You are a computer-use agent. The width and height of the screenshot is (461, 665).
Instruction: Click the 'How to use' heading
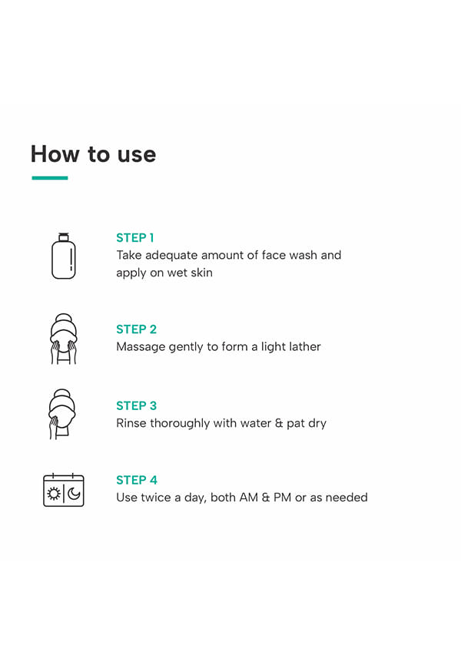click(94, 154)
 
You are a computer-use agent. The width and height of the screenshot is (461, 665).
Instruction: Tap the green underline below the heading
click(50, 177)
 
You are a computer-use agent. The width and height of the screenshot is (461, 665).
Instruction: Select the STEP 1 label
click(135, 238)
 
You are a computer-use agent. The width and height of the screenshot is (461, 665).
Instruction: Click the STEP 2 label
click(136, 329)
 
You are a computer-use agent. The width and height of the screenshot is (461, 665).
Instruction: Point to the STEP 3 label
click(136, 406)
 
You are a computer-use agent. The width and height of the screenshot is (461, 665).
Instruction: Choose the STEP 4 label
click(137, 480)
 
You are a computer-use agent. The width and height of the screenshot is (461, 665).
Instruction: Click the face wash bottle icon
click(63, 256)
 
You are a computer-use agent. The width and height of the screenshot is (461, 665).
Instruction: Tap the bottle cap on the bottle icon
click(63, 237)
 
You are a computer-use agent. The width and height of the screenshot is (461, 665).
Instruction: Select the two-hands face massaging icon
click(63, 339)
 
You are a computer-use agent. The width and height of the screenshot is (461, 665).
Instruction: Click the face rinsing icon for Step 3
click(61, 414)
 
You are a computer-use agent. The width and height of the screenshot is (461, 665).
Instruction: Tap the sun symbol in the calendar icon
click(54, 494)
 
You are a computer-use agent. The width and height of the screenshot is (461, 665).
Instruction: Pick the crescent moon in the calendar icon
click(75, 494)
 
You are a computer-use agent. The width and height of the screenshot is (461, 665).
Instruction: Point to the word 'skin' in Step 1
click(201, 273)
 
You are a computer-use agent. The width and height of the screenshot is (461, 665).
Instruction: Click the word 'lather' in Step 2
click(305, 347)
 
